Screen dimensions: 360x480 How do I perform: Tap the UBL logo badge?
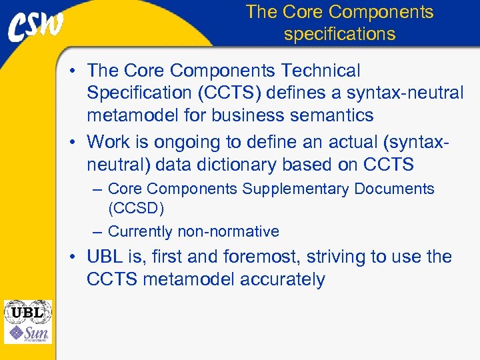(x=27, y=312)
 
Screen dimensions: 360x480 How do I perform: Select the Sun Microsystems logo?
(x=27, y=333)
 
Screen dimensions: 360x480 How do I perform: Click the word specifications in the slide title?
(x=339, y=33)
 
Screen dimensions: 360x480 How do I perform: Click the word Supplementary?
(x=295, y=189)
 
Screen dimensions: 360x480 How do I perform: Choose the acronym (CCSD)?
(x=136, y=208)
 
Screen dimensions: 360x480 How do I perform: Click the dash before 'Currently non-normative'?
(x=97, y=232)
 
